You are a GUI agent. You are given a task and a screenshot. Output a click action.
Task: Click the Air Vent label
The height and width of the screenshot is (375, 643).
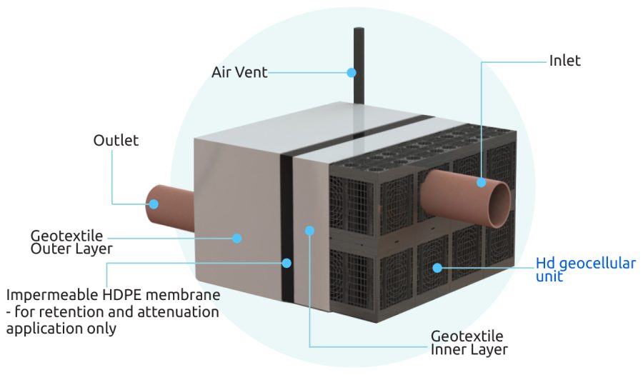pos(239,72)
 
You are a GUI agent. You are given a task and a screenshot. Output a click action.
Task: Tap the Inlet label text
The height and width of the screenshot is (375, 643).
pos(564,61)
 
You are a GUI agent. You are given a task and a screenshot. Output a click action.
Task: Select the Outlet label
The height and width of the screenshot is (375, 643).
pos(116,140)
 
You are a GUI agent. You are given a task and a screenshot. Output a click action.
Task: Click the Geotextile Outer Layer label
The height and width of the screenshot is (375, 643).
pos(71,242)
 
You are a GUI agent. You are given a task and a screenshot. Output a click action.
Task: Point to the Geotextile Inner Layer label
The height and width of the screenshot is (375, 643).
pos(469,343)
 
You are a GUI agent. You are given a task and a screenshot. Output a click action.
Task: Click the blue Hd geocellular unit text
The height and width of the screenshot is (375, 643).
pos(585,269)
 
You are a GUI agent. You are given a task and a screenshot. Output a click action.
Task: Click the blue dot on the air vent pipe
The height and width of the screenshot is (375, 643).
pos(352,72)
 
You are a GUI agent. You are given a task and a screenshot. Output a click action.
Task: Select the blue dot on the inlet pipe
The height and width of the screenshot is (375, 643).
pos(482,183)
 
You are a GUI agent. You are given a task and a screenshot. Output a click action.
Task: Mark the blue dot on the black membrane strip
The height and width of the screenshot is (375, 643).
pos(286,263)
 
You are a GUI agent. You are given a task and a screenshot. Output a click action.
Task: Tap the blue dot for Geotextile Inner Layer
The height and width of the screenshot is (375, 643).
pos(309,230)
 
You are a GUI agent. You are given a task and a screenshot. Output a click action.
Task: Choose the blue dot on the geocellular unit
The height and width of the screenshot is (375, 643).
pos(437,269)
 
